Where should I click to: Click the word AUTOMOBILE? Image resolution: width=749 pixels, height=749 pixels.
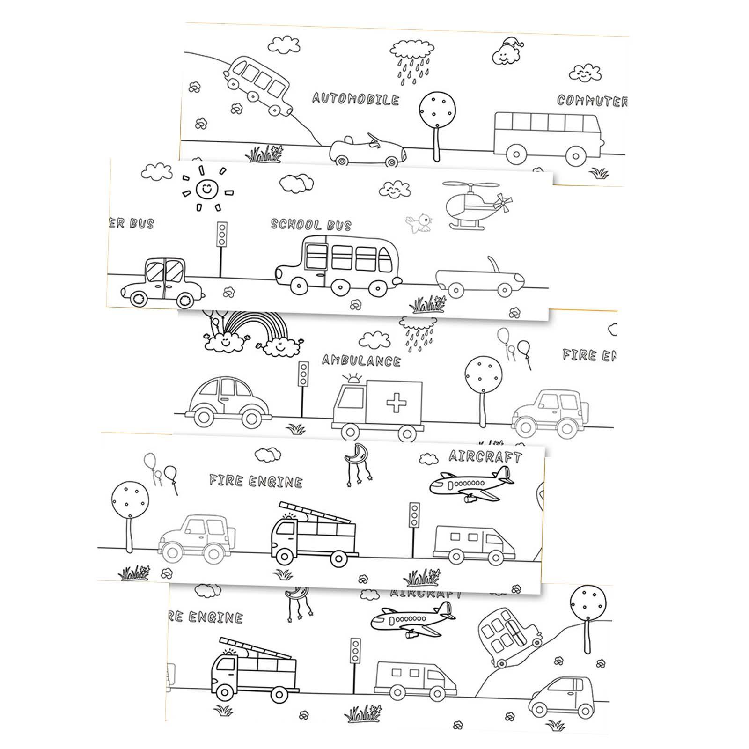coord(355,99)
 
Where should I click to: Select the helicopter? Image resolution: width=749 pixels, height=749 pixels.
coord(473,206)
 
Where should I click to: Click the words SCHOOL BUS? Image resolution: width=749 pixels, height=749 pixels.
coord(311,225)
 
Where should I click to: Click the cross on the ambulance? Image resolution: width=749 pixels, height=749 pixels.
coord(396,402)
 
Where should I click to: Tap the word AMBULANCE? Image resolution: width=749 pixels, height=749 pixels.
coord(361,360)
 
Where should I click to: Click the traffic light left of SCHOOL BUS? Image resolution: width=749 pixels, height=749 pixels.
coord(221,234)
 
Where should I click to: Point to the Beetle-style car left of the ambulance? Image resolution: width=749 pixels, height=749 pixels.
coord(228,399)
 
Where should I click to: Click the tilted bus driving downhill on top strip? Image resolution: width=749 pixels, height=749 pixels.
coord(260,84)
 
